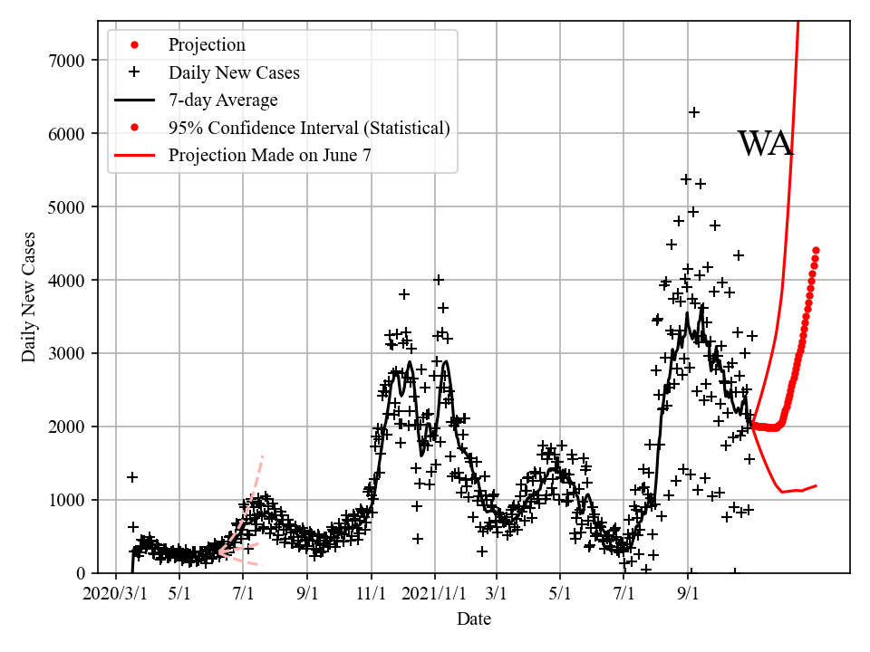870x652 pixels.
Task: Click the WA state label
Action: click(x=765, y=144)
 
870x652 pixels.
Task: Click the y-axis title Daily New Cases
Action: click(x=30, y=298)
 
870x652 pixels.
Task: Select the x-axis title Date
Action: click(x=474, y=619)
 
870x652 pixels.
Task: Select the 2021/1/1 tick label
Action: click(x=434, y=594)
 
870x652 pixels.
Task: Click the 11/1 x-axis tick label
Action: click(x=372, y=594)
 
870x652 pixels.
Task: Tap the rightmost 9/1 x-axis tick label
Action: click(x=688, y=594)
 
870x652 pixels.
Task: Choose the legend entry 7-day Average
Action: click(x=223, y=100)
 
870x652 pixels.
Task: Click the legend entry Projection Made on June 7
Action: click(x=269, y=156)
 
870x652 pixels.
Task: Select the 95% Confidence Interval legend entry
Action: click(x=309, y=128)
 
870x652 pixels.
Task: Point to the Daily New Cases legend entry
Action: click(x=234, y=72)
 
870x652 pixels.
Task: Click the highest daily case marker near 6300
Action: click(x=694, y=112)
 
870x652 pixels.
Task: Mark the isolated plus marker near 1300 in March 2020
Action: click(x=132, y=477)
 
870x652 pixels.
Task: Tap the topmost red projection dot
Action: click(x=816, y=250)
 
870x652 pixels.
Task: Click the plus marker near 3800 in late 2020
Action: click(x=404, y=294)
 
